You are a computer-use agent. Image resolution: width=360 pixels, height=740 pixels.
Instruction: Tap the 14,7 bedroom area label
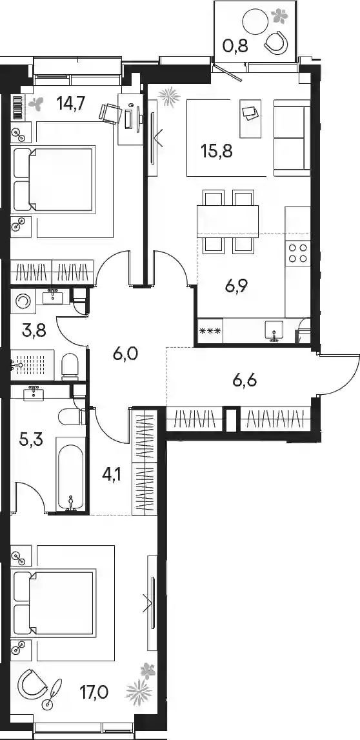(x=70, y=103)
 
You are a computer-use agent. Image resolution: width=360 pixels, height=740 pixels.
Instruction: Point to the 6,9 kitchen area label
(x=237, y=286)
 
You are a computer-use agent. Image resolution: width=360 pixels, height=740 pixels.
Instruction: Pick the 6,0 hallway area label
(x=125, y=353)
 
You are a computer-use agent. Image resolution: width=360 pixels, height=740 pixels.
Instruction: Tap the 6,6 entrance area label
(x=245, y=380)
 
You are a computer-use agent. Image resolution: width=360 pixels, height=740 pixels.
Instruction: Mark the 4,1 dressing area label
(x=112, y=472)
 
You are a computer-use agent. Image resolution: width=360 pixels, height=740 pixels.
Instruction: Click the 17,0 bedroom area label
(x=95, y=692)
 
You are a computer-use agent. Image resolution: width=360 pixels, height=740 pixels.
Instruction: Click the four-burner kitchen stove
(x=297, y=252)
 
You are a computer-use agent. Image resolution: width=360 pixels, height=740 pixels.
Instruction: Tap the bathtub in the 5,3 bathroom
(x=71, y=474)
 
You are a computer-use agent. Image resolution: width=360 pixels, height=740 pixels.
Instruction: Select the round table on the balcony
(x=255, y=22)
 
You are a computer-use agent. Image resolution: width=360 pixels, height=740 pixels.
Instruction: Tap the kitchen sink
(x=273, y=328)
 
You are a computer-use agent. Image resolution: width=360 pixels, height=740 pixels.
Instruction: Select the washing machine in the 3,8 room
(x=23, y=301)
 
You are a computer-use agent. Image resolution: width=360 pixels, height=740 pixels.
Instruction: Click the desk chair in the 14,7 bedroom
(x=109, y=113)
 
